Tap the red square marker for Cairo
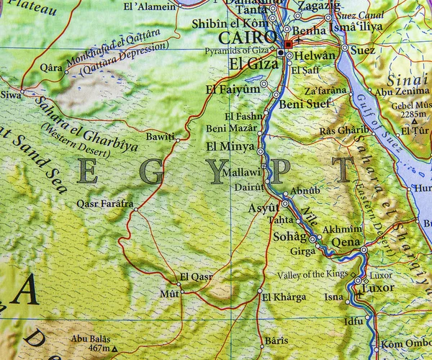pyautogui.click(x=289, y=45)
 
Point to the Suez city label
pyautogui.click(x=364, y=50)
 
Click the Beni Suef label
pyautogui.click(x=305, y=104)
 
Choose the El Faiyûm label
pyautogui.click(x=232, y=89)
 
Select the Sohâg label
pyautogui.click(x=289, y=236)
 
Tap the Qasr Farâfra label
pyautogui.click(x=105, y=204)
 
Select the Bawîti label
pyautogui.click(x=160, y=136)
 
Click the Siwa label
pyautogui.click(x=10, y=94)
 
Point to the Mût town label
pyautogui.click(x=168, y=294)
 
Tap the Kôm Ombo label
pyautogui.click(x=406, y=343)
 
